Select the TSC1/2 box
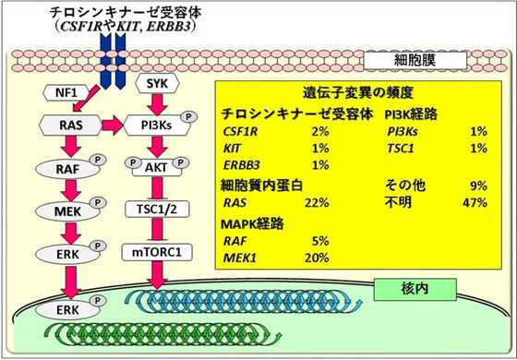coord(154,210)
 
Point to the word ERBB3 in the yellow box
coord(242,165)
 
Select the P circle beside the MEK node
coord(95,203)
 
